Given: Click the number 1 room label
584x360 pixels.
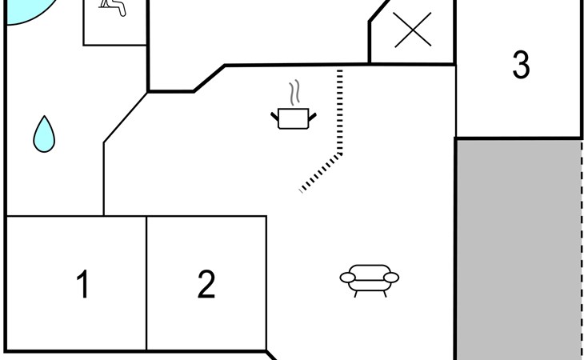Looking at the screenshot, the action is pos(82,284).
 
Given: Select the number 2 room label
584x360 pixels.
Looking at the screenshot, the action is pos(206,284).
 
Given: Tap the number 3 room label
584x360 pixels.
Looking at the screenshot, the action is pos(521,65).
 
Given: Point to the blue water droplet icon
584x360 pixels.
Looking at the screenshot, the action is pos(44,134).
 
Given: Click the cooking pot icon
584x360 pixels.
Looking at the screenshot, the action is pos(294,118).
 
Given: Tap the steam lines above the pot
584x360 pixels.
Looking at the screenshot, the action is pos(294,92).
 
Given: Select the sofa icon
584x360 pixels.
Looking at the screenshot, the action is pos(369,281).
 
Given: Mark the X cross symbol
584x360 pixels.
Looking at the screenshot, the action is pos(413,30).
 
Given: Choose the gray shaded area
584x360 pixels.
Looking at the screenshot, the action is pos(519,250).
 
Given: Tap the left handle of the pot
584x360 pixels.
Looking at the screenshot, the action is pos(274,117).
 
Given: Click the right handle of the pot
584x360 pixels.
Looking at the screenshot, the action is pos(313,117).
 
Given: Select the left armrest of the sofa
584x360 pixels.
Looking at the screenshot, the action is pos(347,278).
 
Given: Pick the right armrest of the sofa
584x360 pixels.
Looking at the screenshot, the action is pos(391,278).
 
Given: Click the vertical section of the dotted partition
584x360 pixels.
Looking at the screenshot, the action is pos(340,111).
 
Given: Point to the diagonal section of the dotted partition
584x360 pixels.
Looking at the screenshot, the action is pos(321,172).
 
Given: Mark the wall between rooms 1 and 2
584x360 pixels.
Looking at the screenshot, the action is pos(146,283).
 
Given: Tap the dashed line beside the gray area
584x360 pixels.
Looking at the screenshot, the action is pos(582,250).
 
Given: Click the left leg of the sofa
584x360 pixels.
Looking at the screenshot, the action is pos(356,294).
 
